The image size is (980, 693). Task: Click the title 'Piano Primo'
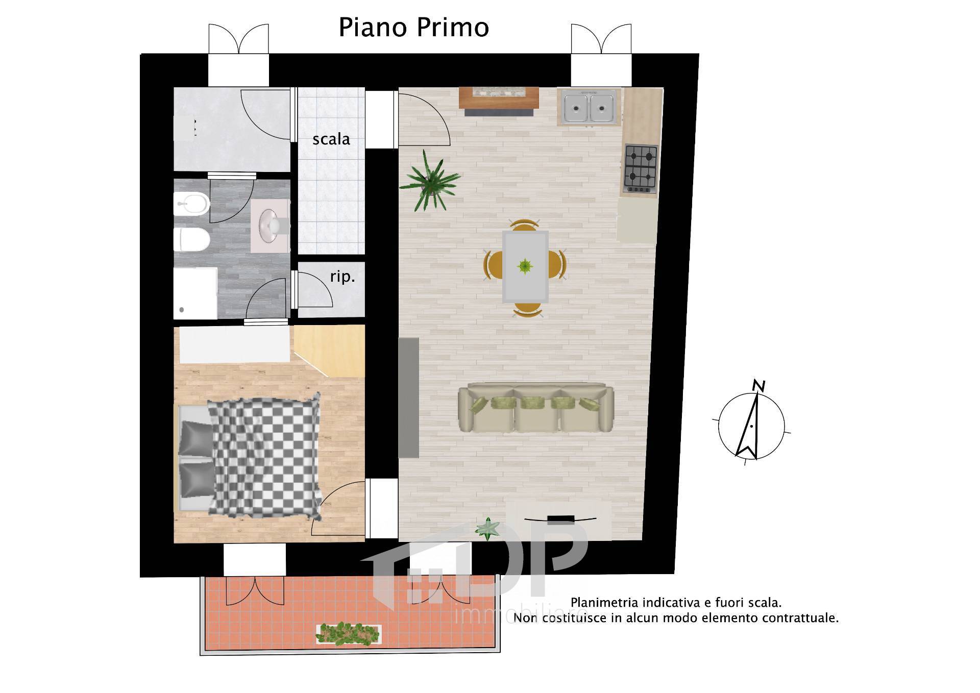(413, 28)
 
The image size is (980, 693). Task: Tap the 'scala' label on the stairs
(331, 139)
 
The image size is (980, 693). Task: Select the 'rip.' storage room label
(342, 277)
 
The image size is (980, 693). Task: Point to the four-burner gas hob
(641, 168)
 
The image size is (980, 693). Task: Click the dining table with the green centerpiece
(525, 266)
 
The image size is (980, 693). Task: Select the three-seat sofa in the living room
(535, 409)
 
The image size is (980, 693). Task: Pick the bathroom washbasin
(271, 225)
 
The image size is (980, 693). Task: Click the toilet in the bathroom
(191, 239)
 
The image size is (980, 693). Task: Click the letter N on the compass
(759, 386)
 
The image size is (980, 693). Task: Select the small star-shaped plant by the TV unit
(488, 529)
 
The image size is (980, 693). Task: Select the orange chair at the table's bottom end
(527, 309)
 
